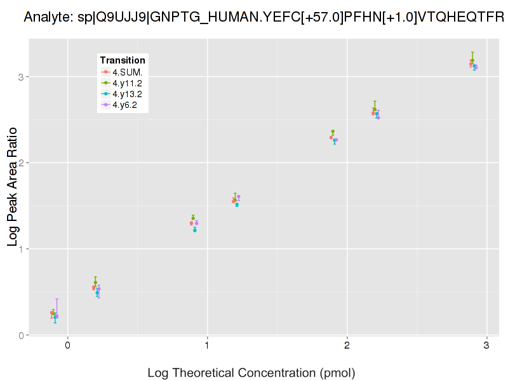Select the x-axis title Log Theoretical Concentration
pos(251,373)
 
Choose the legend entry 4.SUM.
pos(127,71)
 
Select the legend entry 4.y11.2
pos(127,83)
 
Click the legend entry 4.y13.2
pos(127,94)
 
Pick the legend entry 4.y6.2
pos(124,105)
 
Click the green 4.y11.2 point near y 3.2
pos(472,60)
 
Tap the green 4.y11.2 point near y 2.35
pos(333,131)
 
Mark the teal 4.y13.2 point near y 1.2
pos(195,231)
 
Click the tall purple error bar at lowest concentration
pos(57,308)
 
